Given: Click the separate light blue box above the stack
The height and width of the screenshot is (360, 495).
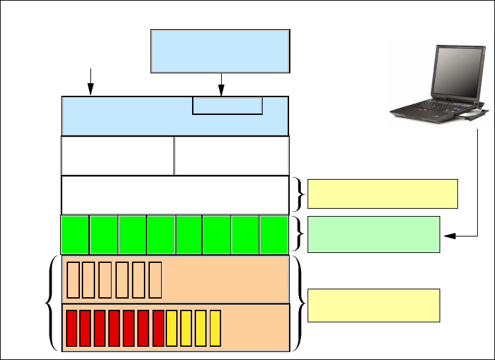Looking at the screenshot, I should (220, 50).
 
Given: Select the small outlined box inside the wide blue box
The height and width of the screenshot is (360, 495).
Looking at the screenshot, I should (227, 105).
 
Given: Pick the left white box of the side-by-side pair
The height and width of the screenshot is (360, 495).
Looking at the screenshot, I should (117, 155).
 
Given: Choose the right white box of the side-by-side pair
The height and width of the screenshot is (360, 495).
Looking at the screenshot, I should (232, 155).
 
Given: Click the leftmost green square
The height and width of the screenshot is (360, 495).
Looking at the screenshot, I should (75, 234).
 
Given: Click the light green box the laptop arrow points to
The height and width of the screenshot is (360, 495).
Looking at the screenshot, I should (374, 234).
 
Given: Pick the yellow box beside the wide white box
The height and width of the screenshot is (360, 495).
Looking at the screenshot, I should (383, 193).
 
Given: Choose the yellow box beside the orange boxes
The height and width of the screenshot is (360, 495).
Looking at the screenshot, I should (374, 305).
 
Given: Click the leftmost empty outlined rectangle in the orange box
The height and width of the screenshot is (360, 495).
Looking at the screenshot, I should (73, 279).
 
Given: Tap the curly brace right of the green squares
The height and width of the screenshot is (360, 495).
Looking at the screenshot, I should (300, 234).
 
